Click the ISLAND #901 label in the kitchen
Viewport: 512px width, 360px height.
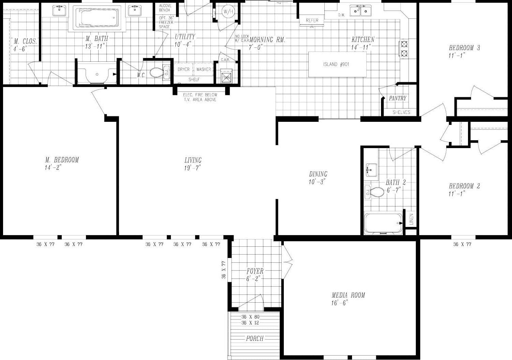pos(336,64)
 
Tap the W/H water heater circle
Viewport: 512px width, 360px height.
pos(228,12)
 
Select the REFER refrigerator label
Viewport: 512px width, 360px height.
pos(312,20)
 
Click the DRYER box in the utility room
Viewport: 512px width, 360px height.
pos(184,69)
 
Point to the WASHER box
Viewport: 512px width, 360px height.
pos(204,69)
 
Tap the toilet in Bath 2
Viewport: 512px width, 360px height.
pos(376,192)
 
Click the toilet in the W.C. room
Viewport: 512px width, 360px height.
pos(158,72)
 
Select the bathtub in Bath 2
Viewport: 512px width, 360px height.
pos(383,223)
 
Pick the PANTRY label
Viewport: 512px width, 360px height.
pos(398,98)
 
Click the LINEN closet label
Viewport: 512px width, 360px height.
pos(411,219)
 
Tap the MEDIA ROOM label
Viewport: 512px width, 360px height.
pos(348,295)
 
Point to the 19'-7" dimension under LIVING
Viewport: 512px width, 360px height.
pos(192,168)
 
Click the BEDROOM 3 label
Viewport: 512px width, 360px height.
pos(464,48)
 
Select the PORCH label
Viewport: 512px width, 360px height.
pos(255,339)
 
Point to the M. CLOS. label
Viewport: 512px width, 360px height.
pos(25,41)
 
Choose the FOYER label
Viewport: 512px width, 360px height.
pos(255,271)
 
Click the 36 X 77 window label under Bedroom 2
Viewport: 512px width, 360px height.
pos(462,244)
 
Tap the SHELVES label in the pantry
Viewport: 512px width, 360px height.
pos(401,112)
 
